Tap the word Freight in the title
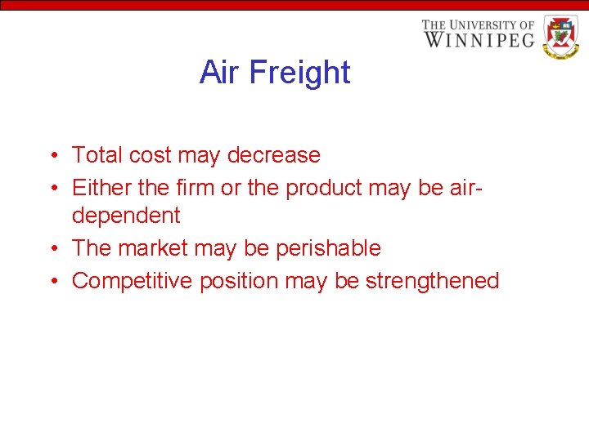click(x=299, y=73)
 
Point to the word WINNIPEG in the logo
click(x=479, y=38)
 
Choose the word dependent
click(x=126, y=216)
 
